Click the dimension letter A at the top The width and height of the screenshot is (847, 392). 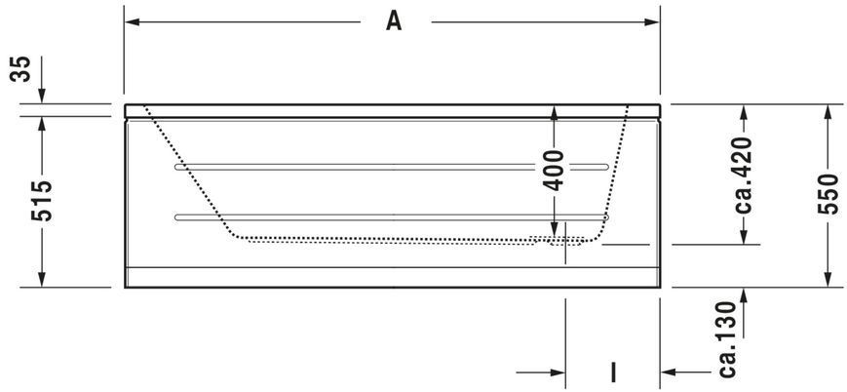[394, 21]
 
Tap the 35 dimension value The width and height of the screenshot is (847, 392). [21, 68]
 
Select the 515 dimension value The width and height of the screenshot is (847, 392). [42, 201]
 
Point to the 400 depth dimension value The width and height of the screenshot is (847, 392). [554, 171]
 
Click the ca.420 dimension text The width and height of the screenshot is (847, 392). [744, 176]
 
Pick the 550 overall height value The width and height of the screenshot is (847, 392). [828, 194]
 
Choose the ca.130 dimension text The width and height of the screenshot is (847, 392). [727, 339]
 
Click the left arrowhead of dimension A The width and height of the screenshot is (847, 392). [133, 22]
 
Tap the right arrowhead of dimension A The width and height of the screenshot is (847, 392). [652, 22]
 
